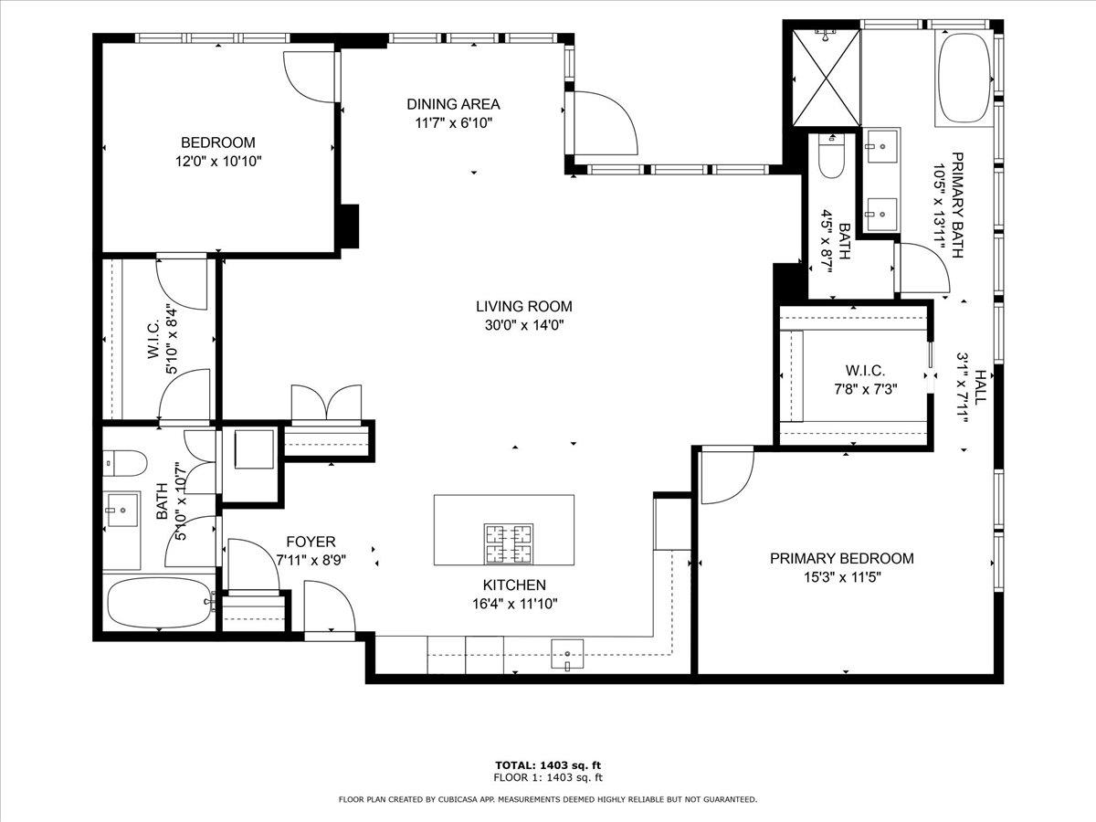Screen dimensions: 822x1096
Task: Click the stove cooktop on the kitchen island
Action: [x=509, y=544]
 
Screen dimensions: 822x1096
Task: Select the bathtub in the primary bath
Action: [x=964, y=79]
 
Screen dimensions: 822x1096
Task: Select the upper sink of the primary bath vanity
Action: [x=881, y=143]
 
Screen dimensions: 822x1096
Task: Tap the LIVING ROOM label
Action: [x=523, y=307]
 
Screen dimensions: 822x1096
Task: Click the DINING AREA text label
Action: [x=453, y=104]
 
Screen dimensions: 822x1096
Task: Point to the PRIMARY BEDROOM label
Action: [x=841, y=559]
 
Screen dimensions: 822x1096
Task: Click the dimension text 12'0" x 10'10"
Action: [x=217, y=161]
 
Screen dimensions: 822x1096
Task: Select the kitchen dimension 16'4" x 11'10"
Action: [x=514, y=603]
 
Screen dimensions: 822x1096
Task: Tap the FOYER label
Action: [x=311, y=542]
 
